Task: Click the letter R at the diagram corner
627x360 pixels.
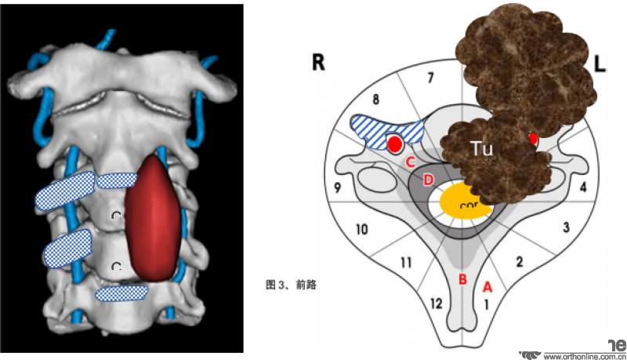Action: tap(319, 64)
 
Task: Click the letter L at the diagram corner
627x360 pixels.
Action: tap(600, 65)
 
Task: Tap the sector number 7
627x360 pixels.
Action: tap(429, 77)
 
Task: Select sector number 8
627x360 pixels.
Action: tap(375, 100)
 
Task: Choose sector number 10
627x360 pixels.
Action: tap(361, 229)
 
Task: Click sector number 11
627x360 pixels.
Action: tap(406, 263)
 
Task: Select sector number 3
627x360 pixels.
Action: tap(565, 227)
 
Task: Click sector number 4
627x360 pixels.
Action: tap(582, 187)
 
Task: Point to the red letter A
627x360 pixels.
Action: tap(486, 286)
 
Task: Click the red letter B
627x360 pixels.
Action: tap(462, 279)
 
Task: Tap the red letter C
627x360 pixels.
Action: tap(409, 162)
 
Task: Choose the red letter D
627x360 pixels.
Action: tap(428, 180)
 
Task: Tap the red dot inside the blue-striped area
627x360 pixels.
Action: tap(395, 144)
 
